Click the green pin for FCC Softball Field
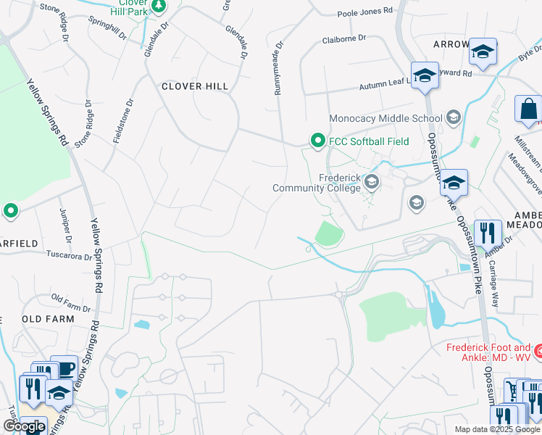pos(317,141)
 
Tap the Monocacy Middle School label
pos(385,118)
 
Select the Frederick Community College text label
pos(317,183)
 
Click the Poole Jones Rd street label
pos(365,11)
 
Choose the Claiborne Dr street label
pos(343,37)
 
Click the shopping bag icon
pos(528,109)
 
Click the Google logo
pos(24,427)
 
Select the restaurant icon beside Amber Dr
pos(488,233)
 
